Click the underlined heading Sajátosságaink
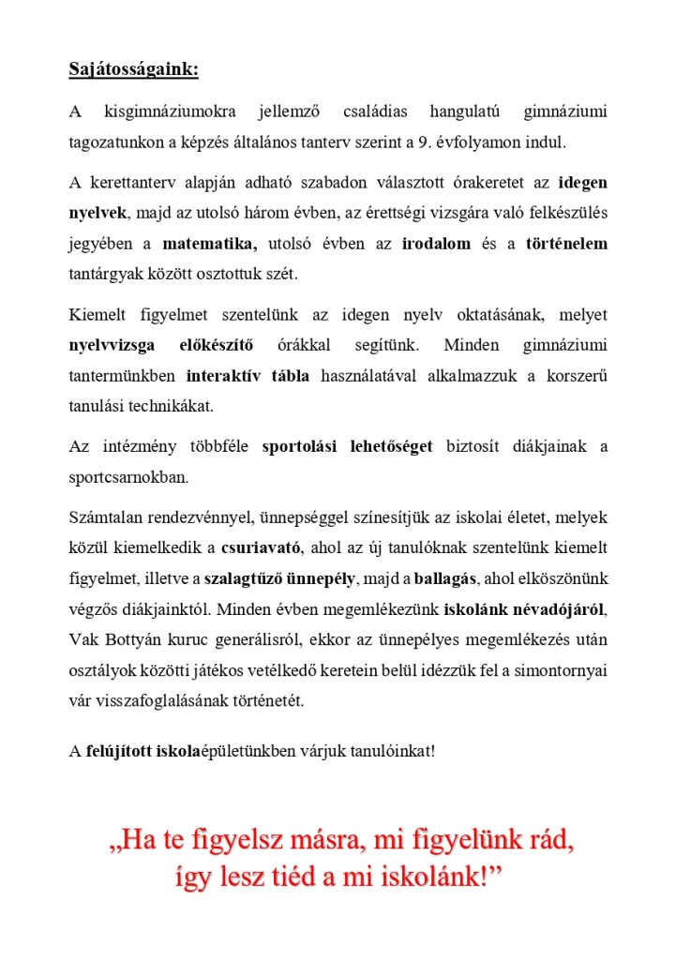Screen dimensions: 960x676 point(133,70)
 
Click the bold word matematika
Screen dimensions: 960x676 point(209,244)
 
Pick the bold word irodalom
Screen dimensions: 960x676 point(434,244)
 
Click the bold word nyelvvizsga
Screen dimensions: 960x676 point(112,345)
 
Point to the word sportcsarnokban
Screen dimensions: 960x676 point(128,477)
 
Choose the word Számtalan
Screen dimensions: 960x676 point(105,517)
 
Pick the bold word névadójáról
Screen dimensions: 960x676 point(561,609)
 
